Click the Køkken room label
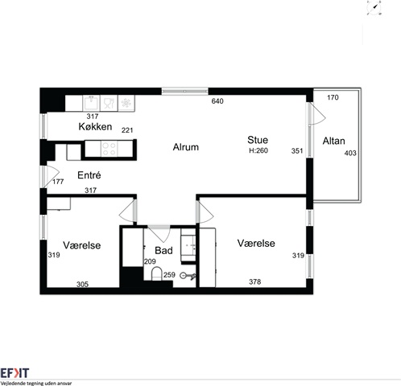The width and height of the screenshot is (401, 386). tap(95, 126)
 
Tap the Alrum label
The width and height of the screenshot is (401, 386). tap(186, 147)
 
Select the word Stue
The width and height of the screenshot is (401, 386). tap(258, 140)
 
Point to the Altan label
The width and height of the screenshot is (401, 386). tap(333, 141)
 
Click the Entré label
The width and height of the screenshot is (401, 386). tap(89, 175)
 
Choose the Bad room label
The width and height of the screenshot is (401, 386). tap(163, 250)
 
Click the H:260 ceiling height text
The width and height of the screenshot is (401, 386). tap(258, 150)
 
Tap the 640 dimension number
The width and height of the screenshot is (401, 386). tap(217, 101)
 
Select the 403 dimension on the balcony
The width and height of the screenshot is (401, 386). tap(350, 153)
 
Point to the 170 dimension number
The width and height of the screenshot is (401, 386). tap(333, 97)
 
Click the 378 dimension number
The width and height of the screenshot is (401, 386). tap(255, 281)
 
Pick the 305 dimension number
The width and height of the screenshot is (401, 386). tap(82, 284)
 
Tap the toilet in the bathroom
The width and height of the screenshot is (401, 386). tap(156, 273)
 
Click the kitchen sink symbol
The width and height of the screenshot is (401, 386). tap(91, 103)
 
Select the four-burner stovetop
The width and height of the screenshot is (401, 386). tap(110, 149)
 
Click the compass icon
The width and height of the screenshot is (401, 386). tap(374, 7)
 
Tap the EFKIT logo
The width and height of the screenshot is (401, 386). tap(14, 373)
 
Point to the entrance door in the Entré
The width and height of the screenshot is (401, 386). tap(51, 177)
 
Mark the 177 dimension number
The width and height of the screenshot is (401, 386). tap(58, 182)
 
